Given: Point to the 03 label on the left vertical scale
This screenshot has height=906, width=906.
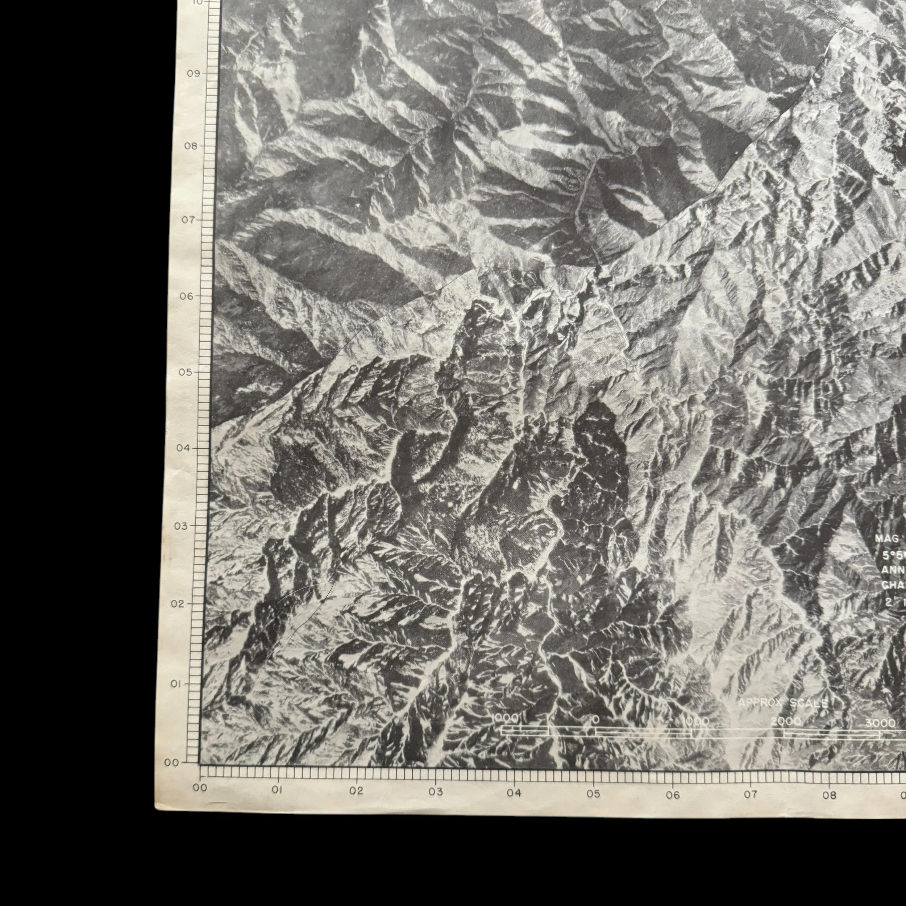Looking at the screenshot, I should (180, 526).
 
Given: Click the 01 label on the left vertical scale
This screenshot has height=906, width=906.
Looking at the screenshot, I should (176, 684).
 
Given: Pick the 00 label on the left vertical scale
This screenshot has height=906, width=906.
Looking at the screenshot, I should (172, 763).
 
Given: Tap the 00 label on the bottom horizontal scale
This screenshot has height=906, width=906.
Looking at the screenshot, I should (200, 788).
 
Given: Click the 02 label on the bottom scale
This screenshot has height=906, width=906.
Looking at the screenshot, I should (356, 791).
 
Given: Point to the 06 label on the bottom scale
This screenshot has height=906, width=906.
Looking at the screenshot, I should (673, 795).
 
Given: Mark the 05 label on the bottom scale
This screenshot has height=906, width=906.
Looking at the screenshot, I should (593, 794).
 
